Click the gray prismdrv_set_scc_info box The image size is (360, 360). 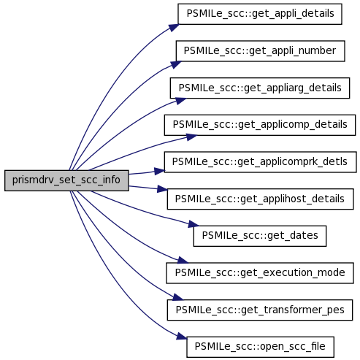(66, 180)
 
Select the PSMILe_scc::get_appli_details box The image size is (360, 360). (260, 14)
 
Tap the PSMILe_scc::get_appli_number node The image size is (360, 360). (260, 51)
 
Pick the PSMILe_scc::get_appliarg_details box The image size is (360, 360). (260, 88)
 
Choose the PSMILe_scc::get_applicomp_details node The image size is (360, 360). (260, 125)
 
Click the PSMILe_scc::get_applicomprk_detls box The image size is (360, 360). (260, 162)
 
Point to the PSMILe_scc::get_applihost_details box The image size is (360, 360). (260, 199)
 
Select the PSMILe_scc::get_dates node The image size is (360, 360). (260, 236)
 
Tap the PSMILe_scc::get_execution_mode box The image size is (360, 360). (260, 273)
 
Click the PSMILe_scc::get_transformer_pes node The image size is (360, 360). (260, 310)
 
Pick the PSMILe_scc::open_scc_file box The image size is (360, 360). (260, 347)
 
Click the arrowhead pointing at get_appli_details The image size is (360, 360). (174, 27)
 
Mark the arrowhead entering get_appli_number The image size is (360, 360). (176, 64)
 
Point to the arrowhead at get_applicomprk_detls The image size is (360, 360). (159, 171)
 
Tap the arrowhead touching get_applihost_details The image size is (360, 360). (162, 189)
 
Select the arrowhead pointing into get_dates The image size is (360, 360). (194, 224)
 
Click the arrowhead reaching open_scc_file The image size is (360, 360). (182, 337)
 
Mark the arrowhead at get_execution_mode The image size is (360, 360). (183, 260)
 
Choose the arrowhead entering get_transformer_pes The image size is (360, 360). (178, 297)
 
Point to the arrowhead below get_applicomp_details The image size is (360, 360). (191, 137)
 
